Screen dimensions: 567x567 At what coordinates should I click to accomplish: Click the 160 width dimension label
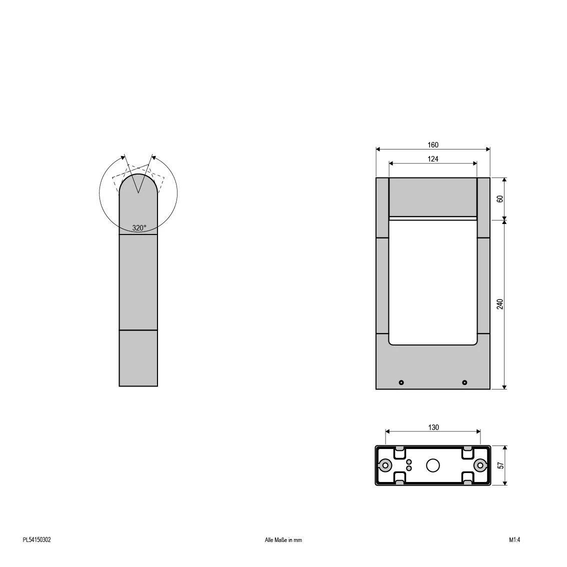point(432,145)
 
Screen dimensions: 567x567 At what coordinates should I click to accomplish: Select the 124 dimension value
point(432,159)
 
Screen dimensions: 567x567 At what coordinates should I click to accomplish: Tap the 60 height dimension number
point(500,198)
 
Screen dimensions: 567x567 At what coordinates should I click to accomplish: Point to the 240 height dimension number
point(500,303)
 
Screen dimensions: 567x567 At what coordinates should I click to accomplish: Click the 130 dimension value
point(433,427)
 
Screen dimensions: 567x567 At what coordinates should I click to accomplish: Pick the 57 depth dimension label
point(500,465)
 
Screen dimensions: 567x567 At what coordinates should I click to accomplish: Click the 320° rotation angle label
point(139,228)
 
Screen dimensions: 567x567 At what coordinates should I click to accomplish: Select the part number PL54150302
point(36,540)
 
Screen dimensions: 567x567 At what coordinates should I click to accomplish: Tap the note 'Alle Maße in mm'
point(283,540)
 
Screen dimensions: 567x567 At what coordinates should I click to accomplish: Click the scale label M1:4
point(514,540)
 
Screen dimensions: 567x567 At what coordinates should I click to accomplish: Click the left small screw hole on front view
point(401,382)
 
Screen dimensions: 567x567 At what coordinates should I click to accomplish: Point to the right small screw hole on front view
point(464,382)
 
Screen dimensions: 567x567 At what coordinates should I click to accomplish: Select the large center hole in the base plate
point(433,465)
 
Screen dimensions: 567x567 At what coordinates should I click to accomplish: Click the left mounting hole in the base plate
point(385,465)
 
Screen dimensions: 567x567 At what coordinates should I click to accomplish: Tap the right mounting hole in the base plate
point(480,465)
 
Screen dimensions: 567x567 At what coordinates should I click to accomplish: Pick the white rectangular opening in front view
point(433,282)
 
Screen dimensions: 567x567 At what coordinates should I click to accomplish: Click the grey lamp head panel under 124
point(433,197)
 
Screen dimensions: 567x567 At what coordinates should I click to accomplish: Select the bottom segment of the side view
point(138,358)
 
